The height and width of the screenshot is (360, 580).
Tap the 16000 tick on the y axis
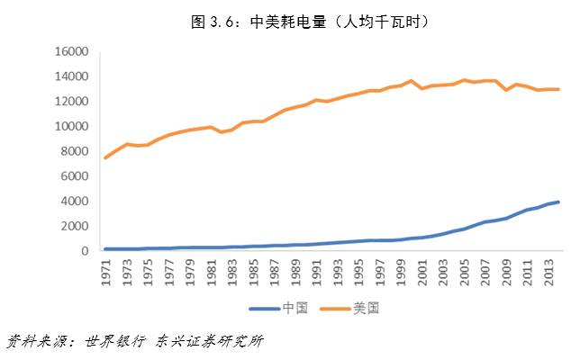tap(69, 51)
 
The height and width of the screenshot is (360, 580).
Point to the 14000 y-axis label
tap(69, 76)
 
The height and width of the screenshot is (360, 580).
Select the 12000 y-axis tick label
tap(69, 102)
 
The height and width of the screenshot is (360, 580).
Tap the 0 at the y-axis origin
tap(84, 251)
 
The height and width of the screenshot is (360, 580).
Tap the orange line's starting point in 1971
tap(106, 157)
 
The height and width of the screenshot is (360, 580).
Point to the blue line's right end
tap(559, 202)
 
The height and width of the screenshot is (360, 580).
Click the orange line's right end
tap(559, 89)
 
